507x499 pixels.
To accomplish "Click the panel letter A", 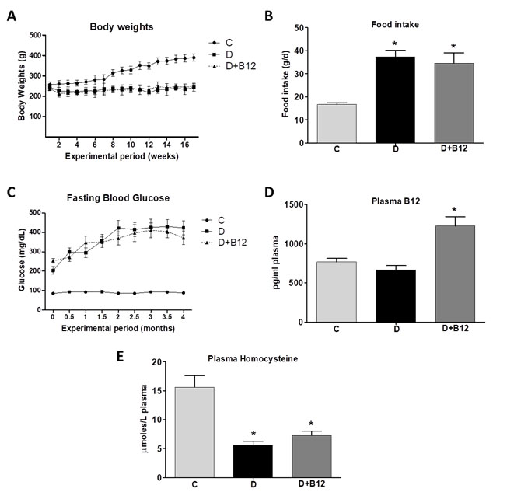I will [11, 15].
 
